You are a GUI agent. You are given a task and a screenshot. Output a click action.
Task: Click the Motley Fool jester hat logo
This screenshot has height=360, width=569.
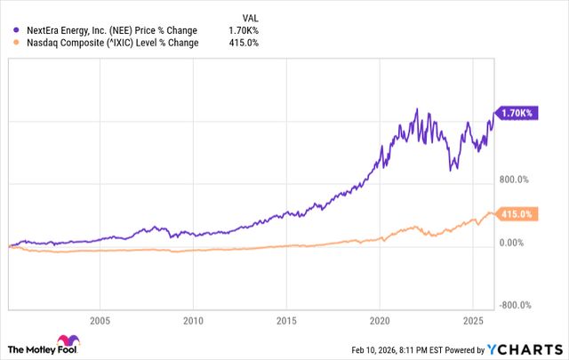coord(66,342)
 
